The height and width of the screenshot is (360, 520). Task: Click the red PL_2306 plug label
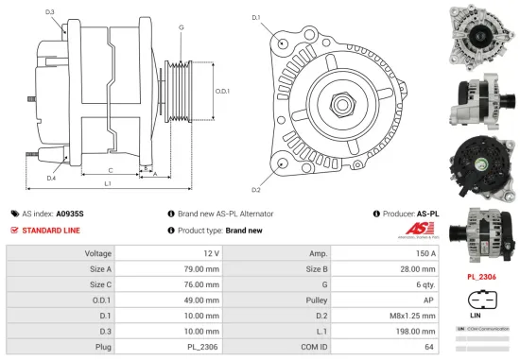(x=482, y=278)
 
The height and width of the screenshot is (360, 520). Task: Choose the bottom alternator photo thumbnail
(x=482, y=231)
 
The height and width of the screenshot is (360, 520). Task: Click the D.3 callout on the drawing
(x=49, y=12)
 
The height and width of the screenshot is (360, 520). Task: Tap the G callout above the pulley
(x=181, y=27)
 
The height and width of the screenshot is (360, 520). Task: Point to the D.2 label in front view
(x=256, y=176)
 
